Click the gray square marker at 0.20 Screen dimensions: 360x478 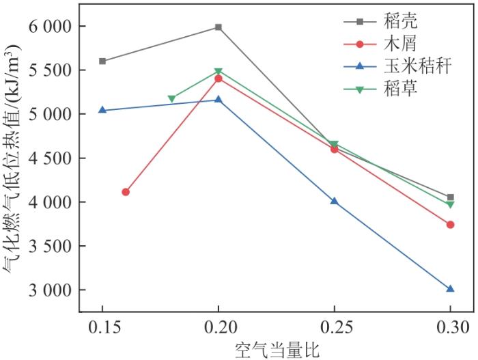(219, 27)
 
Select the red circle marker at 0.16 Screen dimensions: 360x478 (126, 192)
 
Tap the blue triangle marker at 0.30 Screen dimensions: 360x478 (450, 289)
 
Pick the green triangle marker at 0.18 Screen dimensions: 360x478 (172, 99)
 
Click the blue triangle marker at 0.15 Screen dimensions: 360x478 (102, 109)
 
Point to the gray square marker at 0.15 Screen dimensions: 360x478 (102, 61)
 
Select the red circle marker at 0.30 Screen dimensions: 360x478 (450, 224)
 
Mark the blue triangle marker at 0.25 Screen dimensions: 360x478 (334, 201)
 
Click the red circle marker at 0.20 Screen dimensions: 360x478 (219, 79)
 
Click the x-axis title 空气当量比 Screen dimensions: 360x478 (277, 349)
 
